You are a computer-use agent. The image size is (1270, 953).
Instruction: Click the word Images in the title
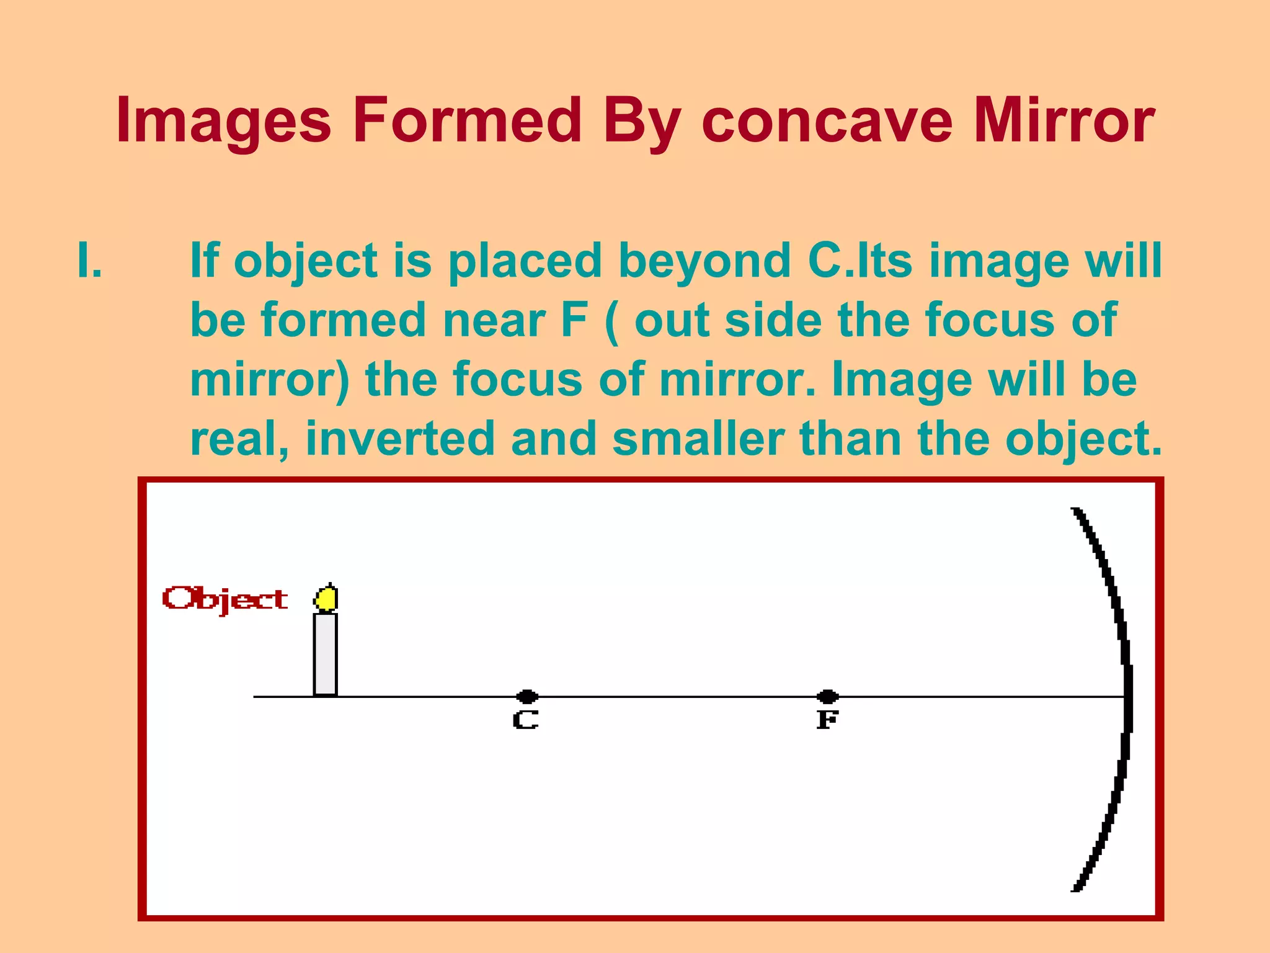coord(223,121)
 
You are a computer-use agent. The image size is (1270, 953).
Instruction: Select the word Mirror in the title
coord(1064,121)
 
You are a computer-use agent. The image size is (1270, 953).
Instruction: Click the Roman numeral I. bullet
coord(90,261)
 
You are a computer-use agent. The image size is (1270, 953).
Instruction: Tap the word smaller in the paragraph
coord(698,439)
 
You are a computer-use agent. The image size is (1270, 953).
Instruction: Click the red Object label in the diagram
coord(224,599)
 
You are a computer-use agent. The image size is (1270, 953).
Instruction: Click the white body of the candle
coord(326,655)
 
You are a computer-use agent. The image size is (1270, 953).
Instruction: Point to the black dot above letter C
coord(526,696)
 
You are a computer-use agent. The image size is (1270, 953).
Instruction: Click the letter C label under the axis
coord(525,720)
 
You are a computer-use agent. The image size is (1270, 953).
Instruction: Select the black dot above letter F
coord(827,696)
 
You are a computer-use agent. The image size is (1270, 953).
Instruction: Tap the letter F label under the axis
coord(827,720)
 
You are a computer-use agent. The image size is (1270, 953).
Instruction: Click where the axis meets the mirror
coord(1126,697)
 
